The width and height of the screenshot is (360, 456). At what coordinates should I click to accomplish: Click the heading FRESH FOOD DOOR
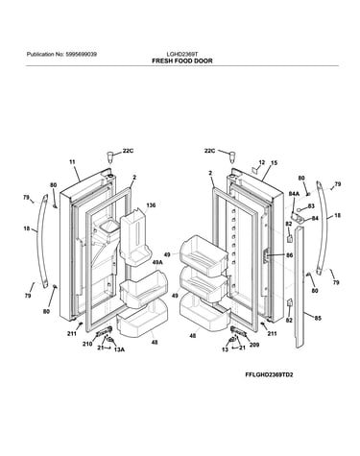coord(182,60)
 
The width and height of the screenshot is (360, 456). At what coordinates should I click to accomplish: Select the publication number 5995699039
coord(82,55)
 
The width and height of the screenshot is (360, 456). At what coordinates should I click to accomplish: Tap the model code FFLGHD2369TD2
coord(269,374)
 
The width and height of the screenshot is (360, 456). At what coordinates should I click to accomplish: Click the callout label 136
coord(151,205)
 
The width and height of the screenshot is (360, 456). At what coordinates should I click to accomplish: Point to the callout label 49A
coord(157,262)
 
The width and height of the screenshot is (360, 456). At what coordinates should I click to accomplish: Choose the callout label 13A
coord(119,349)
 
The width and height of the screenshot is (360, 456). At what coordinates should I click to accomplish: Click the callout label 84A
coord(294,194)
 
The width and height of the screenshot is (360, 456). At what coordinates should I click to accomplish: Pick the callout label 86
coord(289,255)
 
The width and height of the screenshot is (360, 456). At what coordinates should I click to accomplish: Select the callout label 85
coord(318,319)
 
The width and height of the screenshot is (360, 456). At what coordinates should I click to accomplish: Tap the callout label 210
coord(87,344)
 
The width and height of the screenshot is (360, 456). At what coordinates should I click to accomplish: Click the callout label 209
coord(254,345)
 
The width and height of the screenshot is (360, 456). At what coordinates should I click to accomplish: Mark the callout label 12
coord(262,162)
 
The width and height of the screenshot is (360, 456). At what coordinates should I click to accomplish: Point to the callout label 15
coord(275,163)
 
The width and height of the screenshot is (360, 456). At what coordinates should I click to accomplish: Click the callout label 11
coord(72,162)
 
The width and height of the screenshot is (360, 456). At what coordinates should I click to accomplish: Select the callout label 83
coord(311,206)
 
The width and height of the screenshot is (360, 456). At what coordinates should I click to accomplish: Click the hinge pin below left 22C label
coord(109,157)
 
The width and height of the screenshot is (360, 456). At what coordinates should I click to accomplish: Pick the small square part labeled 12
coord(255,170)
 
